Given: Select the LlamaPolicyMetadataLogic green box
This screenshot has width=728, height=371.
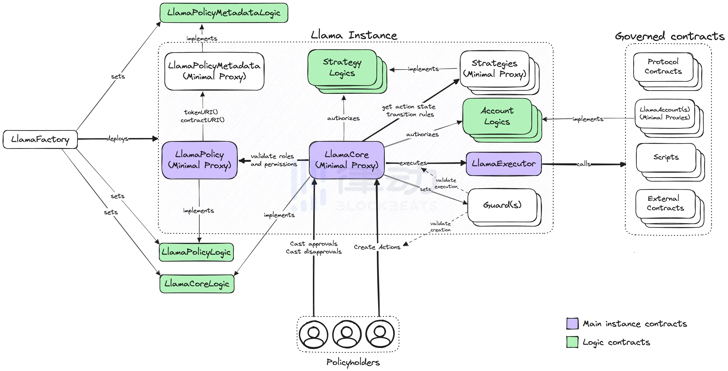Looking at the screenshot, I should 224,13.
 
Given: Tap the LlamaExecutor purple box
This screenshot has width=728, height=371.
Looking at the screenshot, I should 504,164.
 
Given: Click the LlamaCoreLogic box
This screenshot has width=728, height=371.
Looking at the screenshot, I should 197,284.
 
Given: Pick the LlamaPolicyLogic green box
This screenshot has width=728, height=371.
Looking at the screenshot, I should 196,252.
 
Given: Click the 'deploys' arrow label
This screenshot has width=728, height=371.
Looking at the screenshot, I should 117,139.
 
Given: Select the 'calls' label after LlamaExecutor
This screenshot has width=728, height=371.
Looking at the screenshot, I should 583,164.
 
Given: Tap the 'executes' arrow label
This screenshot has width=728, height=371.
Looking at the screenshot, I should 413,163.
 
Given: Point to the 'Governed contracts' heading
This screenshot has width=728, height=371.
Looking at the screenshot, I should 669,36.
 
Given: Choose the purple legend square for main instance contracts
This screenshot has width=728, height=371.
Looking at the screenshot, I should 572,323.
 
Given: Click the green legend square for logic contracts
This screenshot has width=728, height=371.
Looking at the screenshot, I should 572,342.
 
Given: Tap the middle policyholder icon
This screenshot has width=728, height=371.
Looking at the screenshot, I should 347,334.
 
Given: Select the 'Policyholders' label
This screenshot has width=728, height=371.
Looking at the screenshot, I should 353,362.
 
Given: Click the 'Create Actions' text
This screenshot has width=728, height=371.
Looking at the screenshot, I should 377,247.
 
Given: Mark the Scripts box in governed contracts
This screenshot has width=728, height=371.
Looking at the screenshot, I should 666,157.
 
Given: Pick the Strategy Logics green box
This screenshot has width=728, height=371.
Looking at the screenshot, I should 342,68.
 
